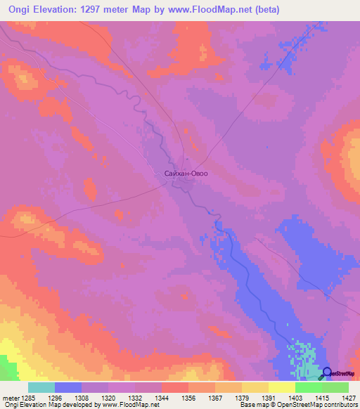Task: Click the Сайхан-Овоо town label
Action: pos(186,172)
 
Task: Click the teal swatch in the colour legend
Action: pos(41,387)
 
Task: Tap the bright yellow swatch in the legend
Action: pos(281,387)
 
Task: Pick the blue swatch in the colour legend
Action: pos(68,387)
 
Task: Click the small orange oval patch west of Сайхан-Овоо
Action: pos(90,188)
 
